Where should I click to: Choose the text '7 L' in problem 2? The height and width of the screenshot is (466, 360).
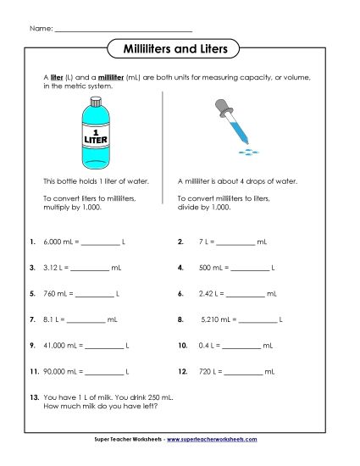[205, 241]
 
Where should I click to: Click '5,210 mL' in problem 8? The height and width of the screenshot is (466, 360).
[214, 320]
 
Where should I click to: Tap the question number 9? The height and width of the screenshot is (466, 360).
[31, 346]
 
